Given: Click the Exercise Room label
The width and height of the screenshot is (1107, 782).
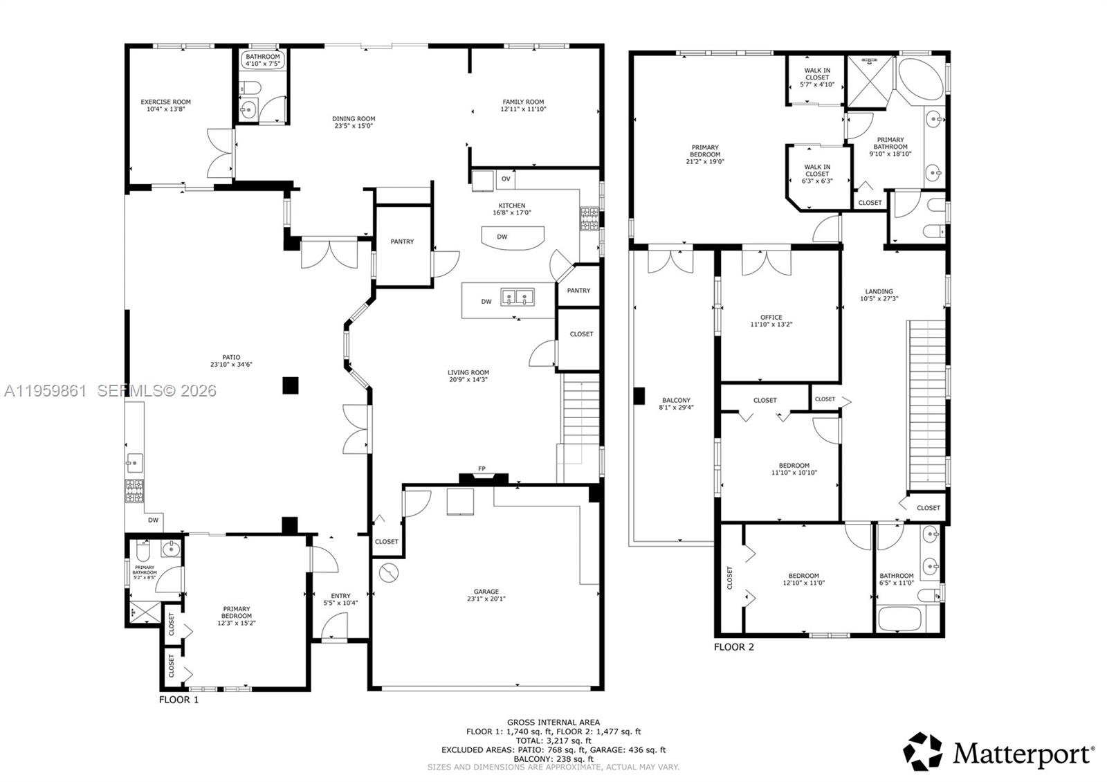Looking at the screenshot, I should pyautogui.click(x=165, y=102).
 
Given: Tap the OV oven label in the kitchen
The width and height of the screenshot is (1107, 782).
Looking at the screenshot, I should pyautogui.click(x=506, y=179).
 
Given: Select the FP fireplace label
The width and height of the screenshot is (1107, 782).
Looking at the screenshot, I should pyautogui.click(x=482, y=469).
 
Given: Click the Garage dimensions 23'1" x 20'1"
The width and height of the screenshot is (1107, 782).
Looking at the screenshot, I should pyautogui.click(x=486, y=599).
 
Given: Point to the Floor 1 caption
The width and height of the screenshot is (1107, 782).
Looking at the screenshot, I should pyautogui.click(x=179, y=700).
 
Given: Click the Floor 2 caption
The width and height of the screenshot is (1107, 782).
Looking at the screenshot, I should pyautogui.click(x=733, y=647).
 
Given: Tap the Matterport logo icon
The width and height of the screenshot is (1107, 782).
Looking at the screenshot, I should pyautogui.click(x=923, y=752).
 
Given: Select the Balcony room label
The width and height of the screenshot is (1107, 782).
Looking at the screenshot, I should pyautogui.click(x=676, y=400).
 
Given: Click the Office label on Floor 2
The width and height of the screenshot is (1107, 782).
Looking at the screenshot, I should pyautogui.click(x=771, y=318).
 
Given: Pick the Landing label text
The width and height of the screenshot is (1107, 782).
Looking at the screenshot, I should pyautogui.click(x=879, y=291).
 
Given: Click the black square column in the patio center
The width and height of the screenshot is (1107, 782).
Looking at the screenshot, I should pyautogui.click(x=291, y=385).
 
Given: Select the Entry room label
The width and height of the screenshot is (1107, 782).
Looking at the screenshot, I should pyautogui.click(x=340, y=595).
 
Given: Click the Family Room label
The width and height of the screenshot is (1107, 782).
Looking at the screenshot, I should pyautogui.click(x=523, y=102).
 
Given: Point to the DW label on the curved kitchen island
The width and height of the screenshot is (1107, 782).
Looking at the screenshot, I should pyautogui.click(x=502, y=237).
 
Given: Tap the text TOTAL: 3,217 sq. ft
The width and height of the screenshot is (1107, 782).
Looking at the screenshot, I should pyautogui.click(x=553, y=740).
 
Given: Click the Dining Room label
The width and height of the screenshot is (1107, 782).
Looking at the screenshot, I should pyautogui.click(x=354, y=119).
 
